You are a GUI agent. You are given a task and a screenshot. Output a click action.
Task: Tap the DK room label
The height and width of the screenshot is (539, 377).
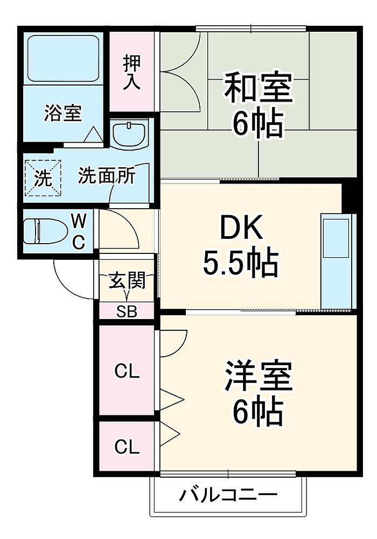[x=241, y=227]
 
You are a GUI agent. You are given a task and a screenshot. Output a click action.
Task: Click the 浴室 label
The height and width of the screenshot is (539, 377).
[x=63, y=113]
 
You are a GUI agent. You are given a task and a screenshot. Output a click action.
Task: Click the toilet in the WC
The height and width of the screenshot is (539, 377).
[x=45, y=231]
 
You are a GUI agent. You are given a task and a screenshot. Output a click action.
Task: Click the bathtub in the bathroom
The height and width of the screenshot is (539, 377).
[x=63, y=59]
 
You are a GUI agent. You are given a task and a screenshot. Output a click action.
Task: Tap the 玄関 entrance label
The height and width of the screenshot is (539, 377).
[x=127, y=281]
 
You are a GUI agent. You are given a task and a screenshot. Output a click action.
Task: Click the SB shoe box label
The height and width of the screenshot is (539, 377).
[x=127, y=311]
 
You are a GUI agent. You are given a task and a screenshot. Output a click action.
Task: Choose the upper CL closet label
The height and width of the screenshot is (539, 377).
[x=127, y=371]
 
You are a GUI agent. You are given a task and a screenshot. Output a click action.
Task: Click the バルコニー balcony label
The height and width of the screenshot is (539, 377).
[x=228, y=495]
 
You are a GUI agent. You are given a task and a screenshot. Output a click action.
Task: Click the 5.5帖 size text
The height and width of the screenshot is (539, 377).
[x=240, y=263]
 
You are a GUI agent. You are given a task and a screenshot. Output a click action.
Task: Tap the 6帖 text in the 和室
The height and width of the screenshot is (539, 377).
[x=258, y=124]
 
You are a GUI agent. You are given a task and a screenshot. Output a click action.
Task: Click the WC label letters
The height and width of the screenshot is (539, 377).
[x=79, y=231]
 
